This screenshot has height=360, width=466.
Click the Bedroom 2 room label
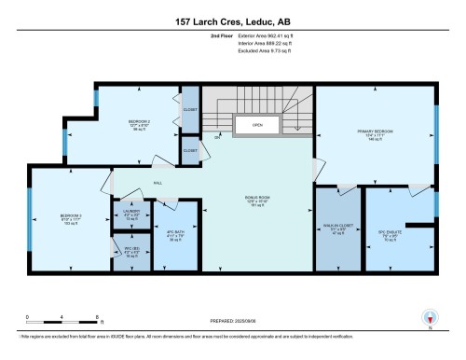(x=139, y=124)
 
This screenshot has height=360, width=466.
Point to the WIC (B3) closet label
(x=130, y=250)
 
